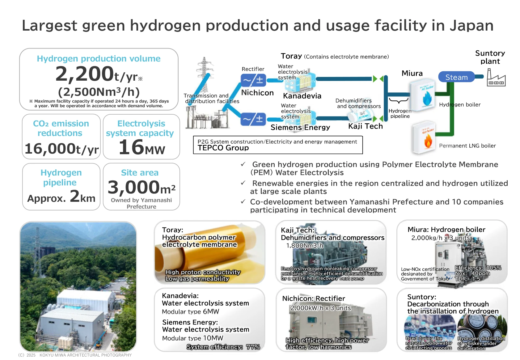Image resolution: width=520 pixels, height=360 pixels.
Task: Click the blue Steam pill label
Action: (x=456, y=77)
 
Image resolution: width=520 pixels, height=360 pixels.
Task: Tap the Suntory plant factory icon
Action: (x=496, y=78)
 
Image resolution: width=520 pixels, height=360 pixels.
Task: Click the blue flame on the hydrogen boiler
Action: (x=427, y=99)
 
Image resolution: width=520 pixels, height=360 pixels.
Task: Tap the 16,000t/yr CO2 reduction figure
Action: (x=61, y=149)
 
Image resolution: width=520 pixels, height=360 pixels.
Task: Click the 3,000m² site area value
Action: (x=142, y=187)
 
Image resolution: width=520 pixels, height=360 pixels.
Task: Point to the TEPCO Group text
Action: (x=223, y=148)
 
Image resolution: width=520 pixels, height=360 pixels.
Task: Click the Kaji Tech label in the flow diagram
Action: (x=366, y=126)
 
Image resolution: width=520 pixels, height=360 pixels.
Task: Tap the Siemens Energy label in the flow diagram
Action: (x=300, y=127)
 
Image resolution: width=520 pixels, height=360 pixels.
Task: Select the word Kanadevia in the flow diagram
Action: (x=302, y=95)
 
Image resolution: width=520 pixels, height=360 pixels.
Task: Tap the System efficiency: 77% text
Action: (x=223, y=347)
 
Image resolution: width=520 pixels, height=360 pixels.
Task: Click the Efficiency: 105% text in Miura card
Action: (x=478, y=268)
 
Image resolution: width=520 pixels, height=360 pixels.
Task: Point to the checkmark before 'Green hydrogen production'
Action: (x=243, y=164)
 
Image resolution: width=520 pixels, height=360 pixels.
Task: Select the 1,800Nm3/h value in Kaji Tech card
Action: (x=305, y=246)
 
